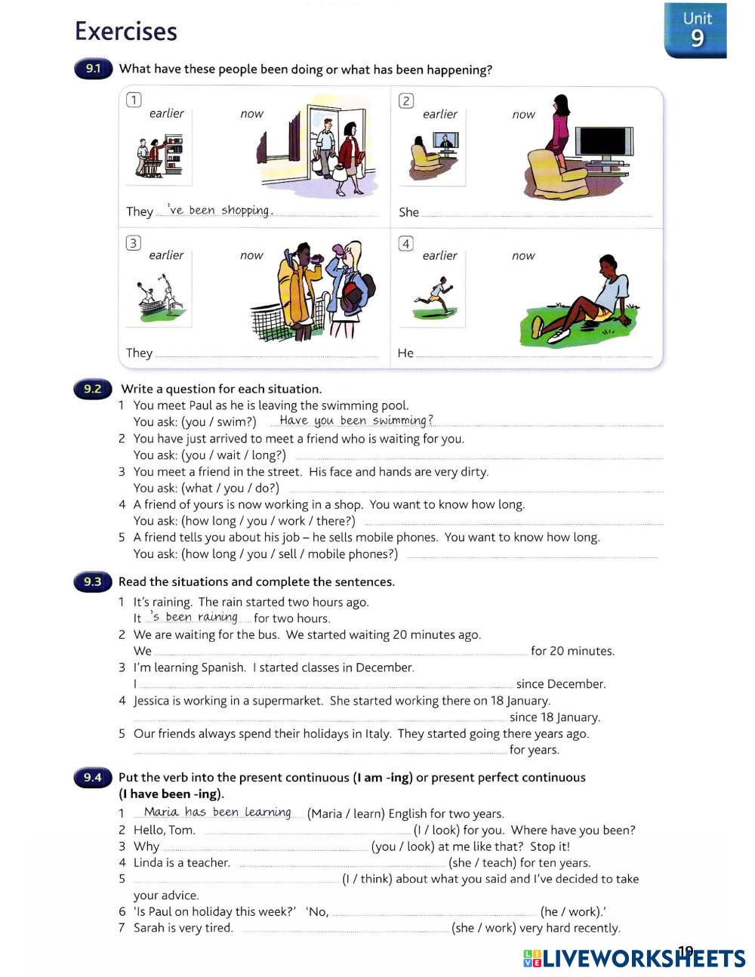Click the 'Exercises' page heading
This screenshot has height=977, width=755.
pos(126,32)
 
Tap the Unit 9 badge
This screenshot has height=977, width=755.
pos(695,30)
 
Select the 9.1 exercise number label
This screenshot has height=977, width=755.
pos(93,69)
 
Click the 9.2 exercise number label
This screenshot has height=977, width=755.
pos(93,389)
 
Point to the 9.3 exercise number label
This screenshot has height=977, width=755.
pos(93,581)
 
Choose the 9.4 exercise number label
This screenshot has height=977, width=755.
pos(93,778)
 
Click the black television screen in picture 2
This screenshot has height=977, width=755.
pos(602,142)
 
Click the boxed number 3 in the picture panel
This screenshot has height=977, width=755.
pos(134,242)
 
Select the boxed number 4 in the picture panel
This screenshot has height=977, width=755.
pos(406,243)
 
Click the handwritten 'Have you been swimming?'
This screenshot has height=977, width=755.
pos(356,421)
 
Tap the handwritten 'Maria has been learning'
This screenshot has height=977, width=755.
pos(217,812)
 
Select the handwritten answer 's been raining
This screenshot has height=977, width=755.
pos(194,617)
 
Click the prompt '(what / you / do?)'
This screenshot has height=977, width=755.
pos(230,488)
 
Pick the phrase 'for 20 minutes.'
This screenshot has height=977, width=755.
pos(572,651)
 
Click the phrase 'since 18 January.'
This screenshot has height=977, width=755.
pos(554,717)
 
